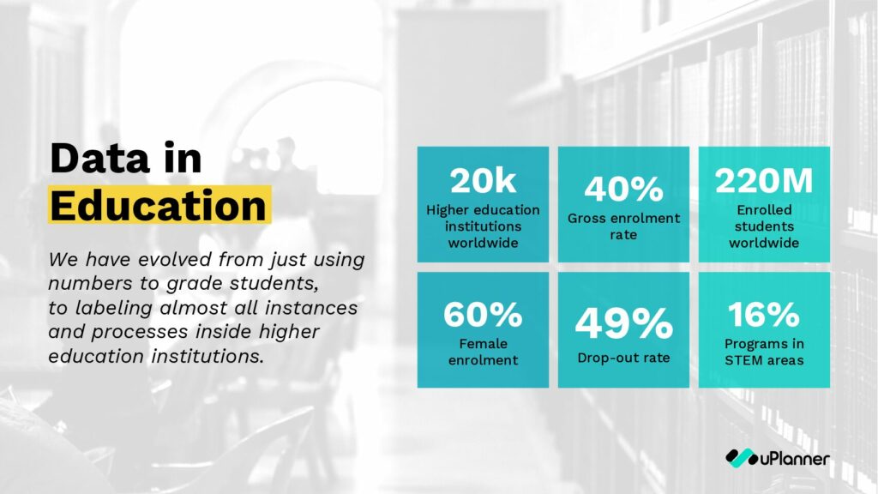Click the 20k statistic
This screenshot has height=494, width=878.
(483, 181)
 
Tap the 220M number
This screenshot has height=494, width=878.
(764, 181)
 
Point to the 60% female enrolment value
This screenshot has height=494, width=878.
(483, 314)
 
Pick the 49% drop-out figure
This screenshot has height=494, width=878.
(623, 323)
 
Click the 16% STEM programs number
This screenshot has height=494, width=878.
(764, 314)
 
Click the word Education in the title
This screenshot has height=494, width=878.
(159, 206)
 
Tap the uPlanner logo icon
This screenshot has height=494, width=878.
(742, 458)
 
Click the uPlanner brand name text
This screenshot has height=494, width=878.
(795, 459)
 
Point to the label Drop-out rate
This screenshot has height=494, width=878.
(623, 358)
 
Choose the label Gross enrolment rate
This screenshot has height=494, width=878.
(623, 226)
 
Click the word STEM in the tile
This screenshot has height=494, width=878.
(743, 360)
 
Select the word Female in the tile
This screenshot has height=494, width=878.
(483, 343)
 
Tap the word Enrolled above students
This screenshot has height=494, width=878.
(764, 210)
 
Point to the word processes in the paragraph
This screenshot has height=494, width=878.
(140, 332)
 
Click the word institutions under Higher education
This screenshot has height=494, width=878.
(483, 226)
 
